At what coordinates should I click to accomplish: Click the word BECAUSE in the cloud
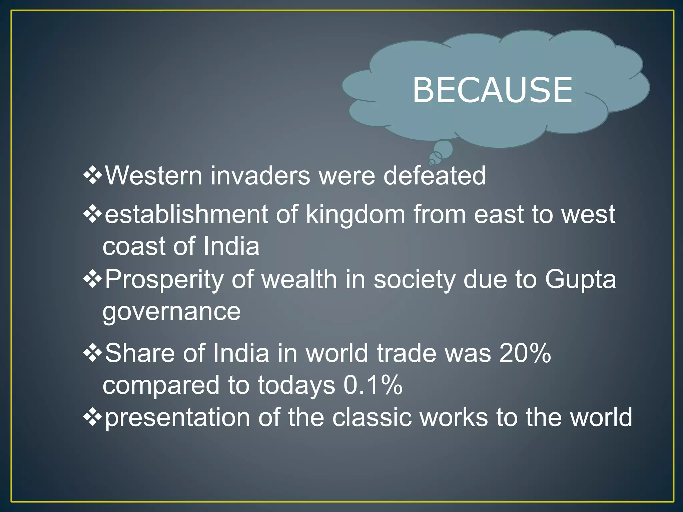tap(493, 90)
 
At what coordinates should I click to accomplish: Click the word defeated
tap(435, 176)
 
